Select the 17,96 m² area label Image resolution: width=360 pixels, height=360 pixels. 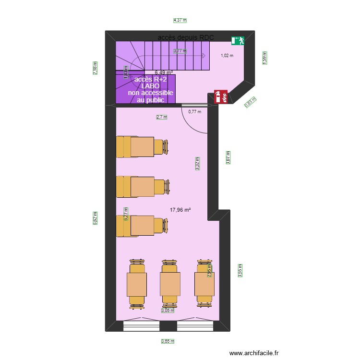pyautogui.click(x=180, y=209)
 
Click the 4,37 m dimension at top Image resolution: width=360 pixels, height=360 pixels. pyautogui.click(x=180, y=20)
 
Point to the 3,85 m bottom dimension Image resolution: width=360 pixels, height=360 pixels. pyautogui.click(x=168, y=342)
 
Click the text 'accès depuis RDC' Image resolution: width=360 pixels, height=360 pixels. pyautogui.click(x=186, y=37)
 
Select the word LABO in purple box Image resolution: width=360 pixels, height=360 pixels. pyautogui.click(x=150, y=86)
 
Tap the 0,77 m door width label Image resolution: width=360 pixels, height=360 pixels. pyautogui.click(x=194, y=111)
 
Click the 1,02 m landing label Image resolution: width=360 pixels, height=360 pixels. pyautogui.click(x=227, y=56)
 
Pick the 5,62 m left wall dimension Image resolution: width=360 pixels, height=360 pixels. pyautogui.click(x=95, y=217)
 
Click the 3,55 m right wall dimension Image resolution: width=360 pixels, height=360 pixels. pyautogui.click(x=240, y=271)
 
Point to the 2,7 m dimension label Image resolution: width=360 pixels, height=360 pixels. pyautogui.click(x=162, y=117)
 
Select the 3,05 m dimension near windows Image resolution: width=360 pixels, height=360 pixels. pyautogui.click(x=168, y=311)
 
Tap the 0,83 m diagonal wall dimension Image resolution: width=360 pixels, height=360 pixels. pyautogui.click(x=251, y=102)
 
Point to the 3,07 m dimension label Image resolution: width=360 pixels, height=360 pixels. pyautogui.click(x=228, y=157)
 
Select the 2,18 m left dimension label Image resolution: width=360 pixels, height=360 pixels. pyautogui.click(x=95, y=68)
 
